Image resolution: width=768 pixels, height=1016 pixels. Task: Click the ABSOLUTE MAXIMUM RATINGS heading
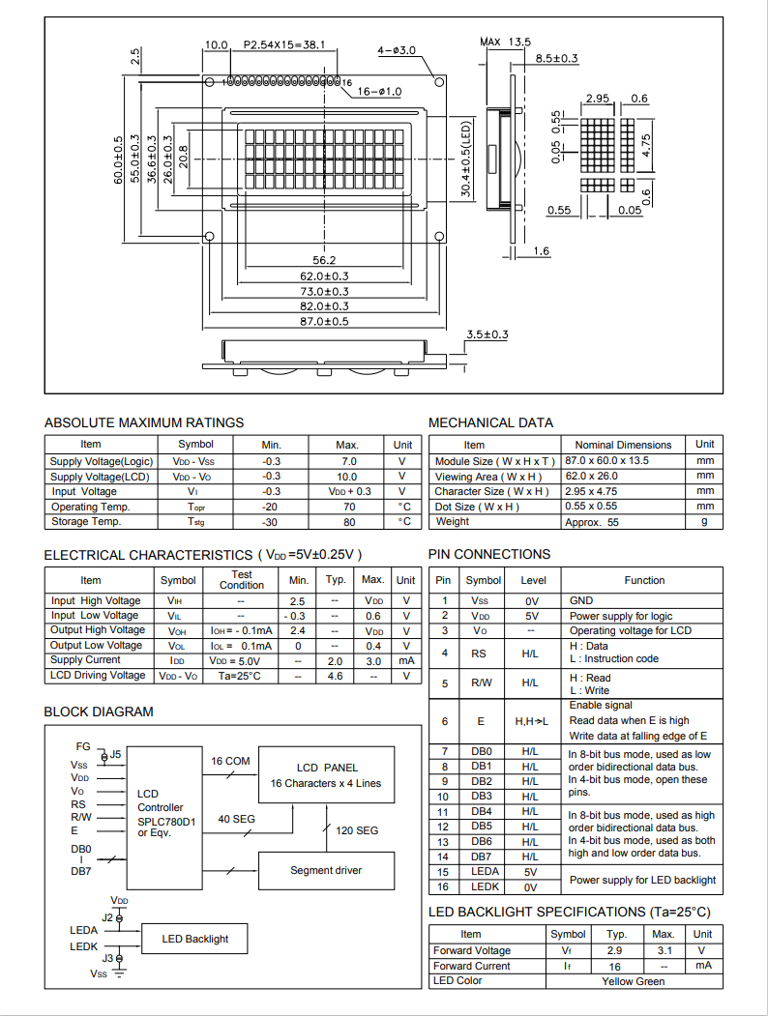coord(144,422)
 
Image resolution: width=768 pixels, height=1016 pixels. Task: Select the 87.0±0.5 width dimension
coord(324,321)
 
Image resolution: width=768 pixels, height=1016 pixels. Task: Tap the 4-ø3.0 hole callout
coord(397,49)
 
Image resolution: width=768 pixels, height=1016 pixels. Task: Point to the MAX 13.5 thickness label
coord(505,42)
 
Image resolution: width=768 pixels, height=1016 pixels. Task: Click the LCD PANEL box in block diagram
coord(326,774)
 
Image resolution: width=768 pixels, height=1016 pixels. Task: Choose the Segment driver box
coord(326,870)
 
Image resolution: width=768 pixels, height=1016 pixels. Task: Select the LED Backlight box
coord(195,939)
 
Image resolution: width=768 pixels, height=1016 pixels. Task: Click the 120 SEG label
coord(357,830)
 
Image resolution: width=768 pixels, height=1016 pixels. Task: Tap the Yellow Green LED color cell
coord(633,981)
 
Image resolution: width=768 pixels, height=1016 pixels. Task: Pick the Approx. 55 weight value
coord(591,522)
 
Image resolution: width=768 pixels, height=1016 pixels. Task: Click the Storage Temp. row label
coord(86,522)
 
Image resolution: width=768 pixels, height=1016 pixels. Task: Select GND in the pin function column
coord(581,600)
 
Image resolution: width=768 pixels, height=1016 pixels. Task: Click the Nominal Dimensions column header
coord(623,445)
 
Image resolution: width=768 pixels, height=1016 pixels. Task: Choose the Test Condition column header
coord(242,580)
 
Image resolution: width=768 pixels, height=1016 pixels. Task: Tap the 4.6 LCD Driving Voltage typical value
coord(336,676)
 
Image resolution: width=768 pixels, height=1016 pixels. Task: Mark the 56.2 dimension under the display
coord(324,260)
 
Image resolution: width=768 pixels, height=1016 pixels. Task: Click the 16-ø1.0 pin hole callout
coord(379,91)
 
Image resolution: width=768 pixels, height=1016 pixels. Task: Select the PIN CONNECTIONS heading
coord(489,554)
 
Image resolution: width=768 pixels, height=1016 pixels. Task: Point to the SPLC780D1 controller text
coord(166,821)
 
